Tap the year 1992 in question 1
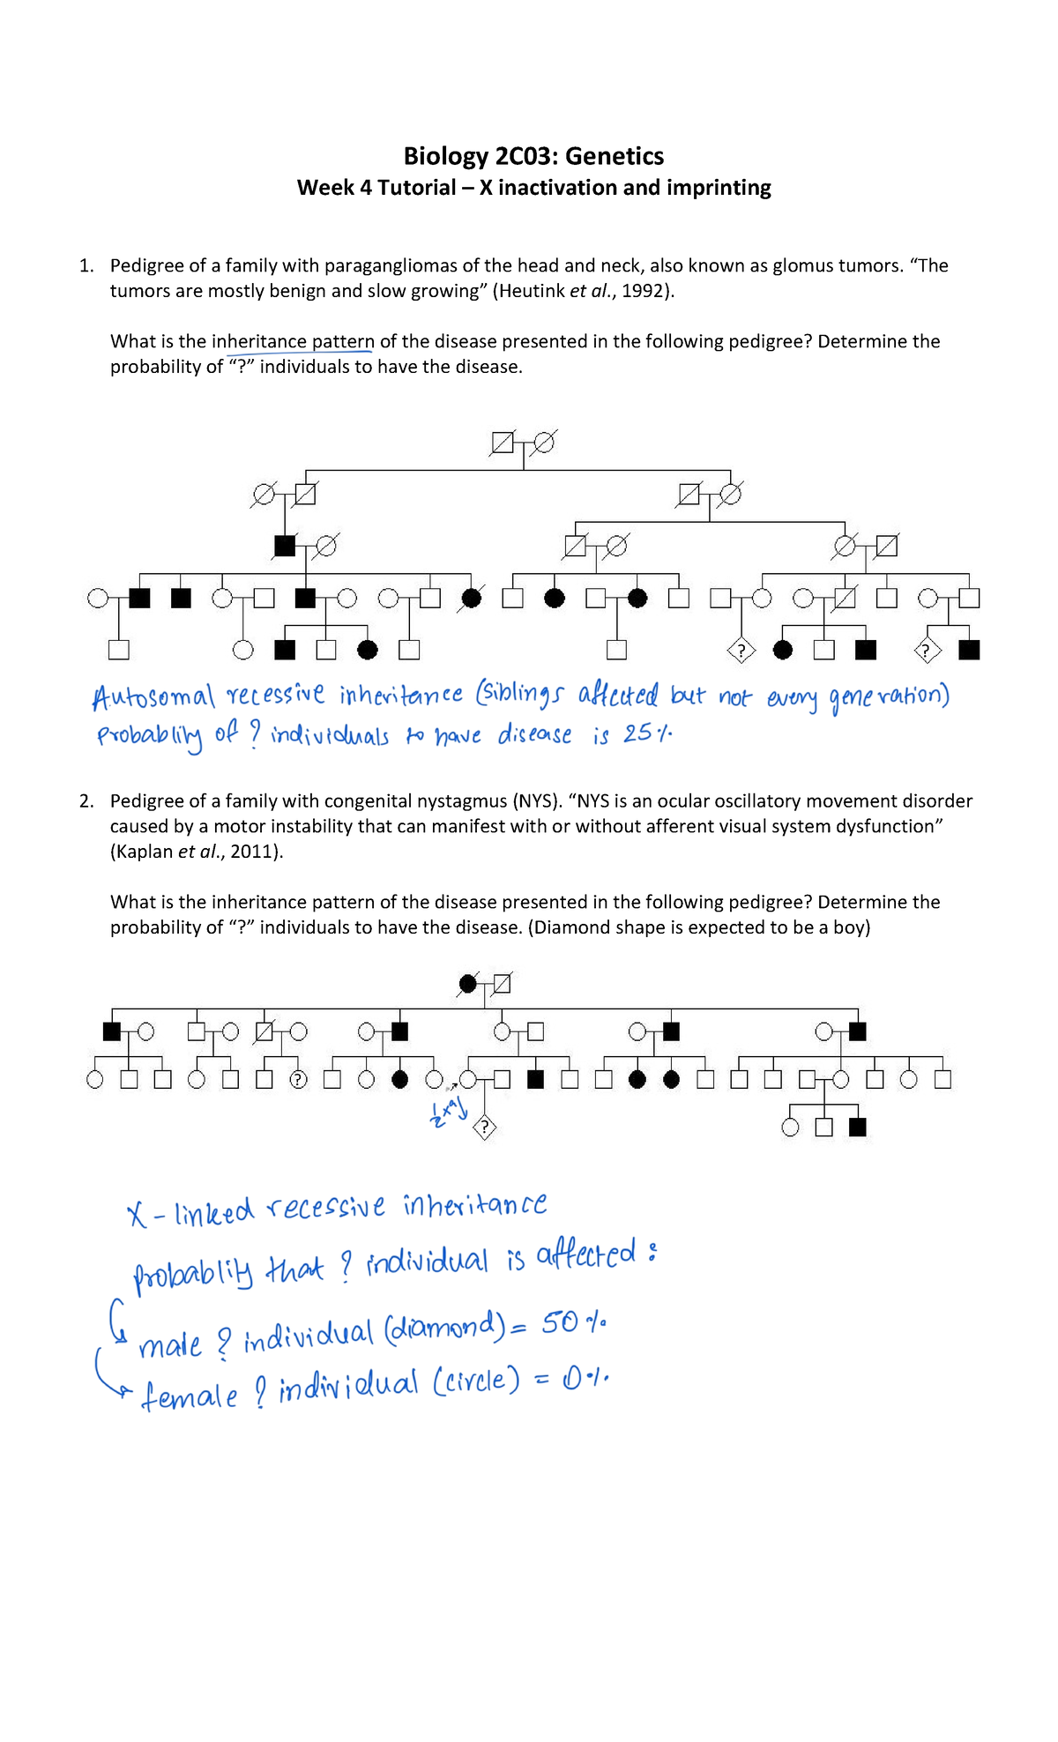(x=644, y=291)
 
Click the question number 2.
(x=86, y=801)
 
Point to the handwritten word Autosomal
(x=153, y=698)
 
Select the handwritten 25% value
(x=646, y=733)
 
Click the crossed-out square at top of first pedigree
(x=502, y=443)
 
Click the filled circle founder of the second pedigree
(x=468, y=983)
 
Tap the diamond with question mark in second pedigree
(x=484, y=1128)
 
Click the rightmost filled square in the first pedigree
(x=969, y=651)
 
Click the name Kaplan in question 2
(x=142, y=852)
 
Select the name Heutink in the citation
(x=531, y=291)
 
